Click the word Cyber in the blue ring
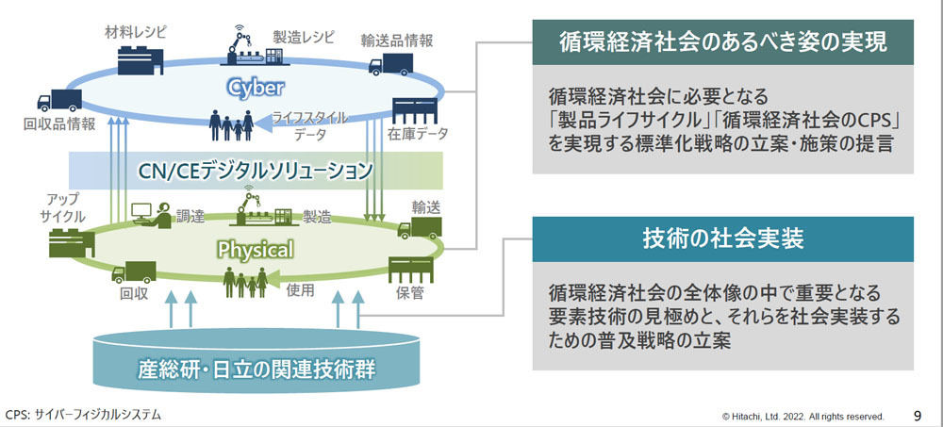[255, 89]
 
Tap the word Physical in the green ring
[256, 249]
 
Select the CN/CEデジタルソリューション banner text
[256, 171]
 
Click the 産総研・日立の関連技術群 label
[256, 368]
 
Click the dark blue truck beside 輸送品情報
[390, 64]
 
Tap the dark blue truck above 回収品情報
[58, 101]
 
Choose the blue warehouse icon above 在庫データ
[415, 111]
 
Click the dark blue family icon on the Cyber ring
[231, 125]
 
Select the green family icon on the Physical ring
[245, 283]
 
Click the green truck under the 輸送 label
[420, 228]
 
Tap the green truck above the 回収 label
[134, 271]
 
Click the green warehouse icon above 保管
[411, 270]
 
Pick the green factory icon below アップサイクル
[73, 243]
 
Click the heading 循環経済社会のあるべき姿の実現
[723, 42]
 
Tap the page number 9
[918, 416]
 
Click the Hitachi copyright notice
[802, 417]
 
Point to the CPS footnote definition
[83, 415]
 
